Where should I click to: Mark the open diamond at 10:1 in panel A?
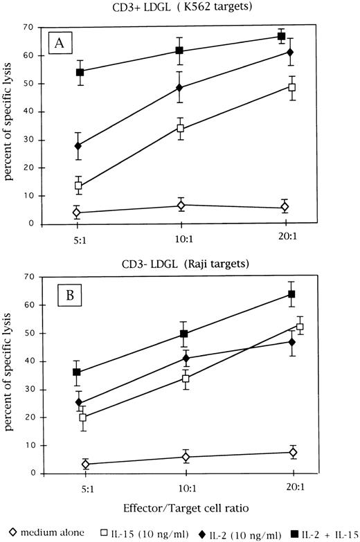click(x=181, y=205)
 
